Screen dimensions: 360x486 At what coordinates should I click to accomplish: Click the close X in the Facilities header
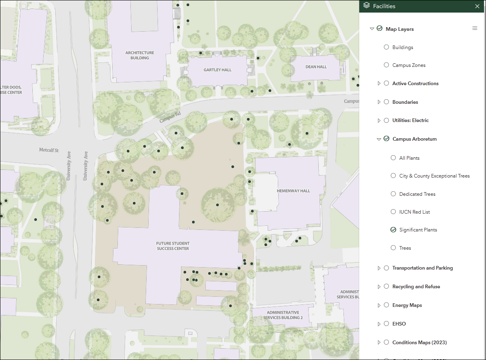tap(477, 6)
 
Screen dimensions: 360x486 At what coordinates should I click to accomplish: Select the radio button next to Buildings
tap(386, 47)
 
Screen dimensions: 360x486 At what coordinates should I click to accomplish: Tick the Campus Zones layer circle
tap(386, 65)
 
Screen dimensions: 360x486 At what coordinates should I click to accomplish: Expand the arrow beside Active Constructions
tap(379, 84)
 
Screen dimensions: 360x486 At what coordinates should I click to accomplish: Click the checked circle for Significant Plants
tap(393, 230)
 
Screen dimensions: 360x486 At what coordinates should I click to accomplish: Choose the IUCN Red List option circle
tap(393, 212)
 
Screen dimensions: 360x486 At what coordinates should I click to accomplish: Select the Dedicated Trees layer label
tap(417, 194)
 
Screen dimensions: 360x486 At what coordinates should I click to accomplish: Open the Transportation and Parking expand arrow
tap(379, 268)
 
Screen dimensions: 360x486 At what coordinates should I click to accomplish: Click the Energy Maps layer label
tap(407, 305)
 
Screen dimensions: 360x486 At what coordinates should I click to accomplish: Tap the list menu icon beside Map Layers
tap(475, 28)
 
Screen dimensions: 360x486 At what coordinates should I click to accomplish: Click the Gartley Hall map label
tap(217, 70)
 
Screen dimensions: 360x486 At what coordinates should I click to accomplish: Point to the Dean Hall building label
tap(316, 67)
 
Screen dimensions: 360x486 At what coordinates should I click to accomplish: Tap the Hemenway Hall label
tap(293, 191)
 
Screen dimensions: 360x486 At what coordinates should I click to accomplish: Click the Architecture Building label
tap(140, 55)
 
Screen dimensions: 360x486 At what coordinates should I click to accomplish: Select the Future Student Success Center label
tap(173, 246)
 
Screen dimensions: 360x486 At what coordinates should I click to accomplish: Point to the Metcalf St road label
tap(49, 150)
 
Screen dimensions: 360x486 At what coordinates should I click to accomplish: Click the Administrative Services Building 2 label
tap(283, 315)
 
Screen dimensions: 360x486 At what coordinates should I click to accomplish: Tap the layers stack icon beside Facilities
tap(367, 6)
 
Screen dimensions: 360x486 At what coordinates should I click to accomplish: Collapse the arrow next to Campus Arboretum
tap(379, 139)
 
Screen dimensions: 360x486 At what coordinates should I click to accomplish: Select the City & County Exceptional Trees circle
tap(393, 176)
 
